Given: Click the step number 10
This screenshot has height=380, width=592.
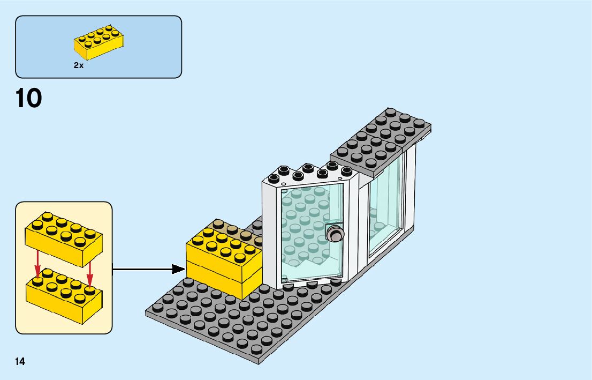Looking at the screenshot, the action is pyautogui.click(x=29, y=98).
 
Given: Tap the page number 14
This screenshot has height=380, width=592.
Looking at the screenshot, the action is pyautogui.click(x=20, y=362).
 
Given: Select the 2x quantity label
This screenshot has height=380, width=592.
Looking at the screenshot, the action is pyautogui.click(x=79, y=65).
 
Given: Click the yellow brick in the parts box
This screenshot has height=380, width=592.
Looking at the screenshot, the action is pyautogui.click(x=98, y=42).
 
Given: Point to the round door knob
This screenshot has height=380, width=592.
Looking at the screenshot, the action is pyautogui.click(x=335, y=233).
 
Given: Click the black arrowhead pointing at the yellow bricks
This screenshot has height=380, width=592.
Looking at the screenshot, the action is pyautogui.click(x=178, y=269).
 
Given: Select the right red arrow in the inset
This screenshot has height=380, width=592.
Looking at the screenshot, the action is pyautogui.click(x=89, y=272).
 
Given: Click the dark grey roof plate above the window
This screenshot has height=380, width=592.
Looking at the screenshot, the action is pyautogui.click(x=381, y=143).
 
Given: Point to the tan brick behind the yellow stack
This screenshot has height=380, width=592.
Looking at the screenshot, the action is pyautogui.click(x=234, y=229).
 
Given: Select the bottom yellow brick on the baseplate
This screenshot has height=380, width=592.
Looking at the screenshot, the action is pyautogui.click(x=224, y=280).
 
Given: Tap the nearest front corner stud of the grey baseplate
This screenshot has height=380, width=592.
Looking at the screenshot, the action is pyautogui.click(x=256, y=350).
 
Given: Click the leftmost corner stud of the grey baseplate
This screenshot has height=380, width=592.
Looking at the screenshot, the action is pyautogui.click(x=158, y=308).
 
